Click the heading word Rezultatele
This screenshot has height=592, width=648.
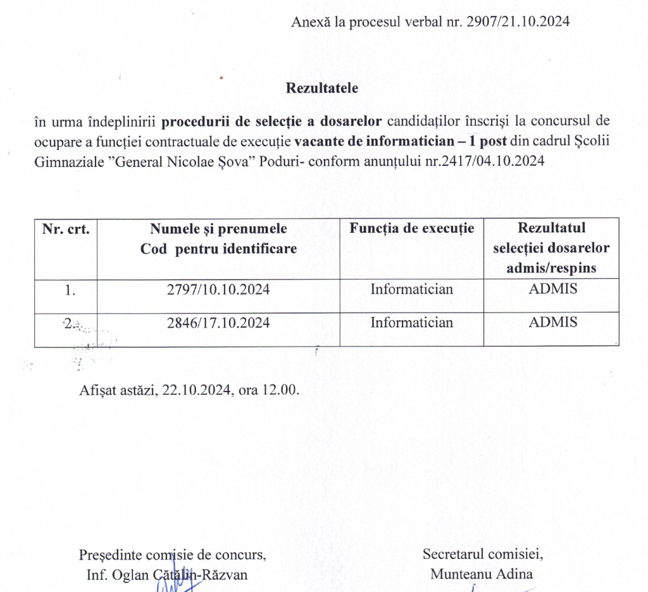pyautogui.click(x=322, y=88)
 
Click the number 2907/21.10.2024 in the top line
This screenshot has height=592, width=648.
pyautogui.click(x=518, y=22)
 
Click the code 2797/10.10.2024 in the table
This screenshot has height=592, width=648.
pyautogui.click(x=218, y=290)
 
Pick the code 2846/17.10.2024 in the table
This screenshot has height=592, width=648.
pyautogui.click(x=218, y=323)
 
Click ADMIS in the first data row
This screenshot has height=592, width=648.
pyautogui.click(x=553, y=289)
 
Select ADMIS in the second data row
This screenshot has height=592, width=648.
pyautogui.click(x=553, y=322)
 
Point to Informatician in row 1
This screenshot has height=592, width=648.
pyautogui.click(x=412, y=290)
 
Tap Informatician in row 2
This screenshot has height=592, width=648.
pyautogui.click(x=412, y=323)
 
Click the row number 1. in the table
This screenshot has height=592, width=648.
pyautogui.click(x=70, y=290)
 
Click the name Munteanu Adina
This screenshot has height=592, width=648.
pyautogui.click(x=482, y=574)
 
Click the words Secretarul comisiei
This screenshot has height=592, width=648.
pyautogui.click(x=482, y=554)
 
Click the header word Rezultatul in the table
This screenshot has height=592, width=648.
pyautogui.click(x=552, y=228)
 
